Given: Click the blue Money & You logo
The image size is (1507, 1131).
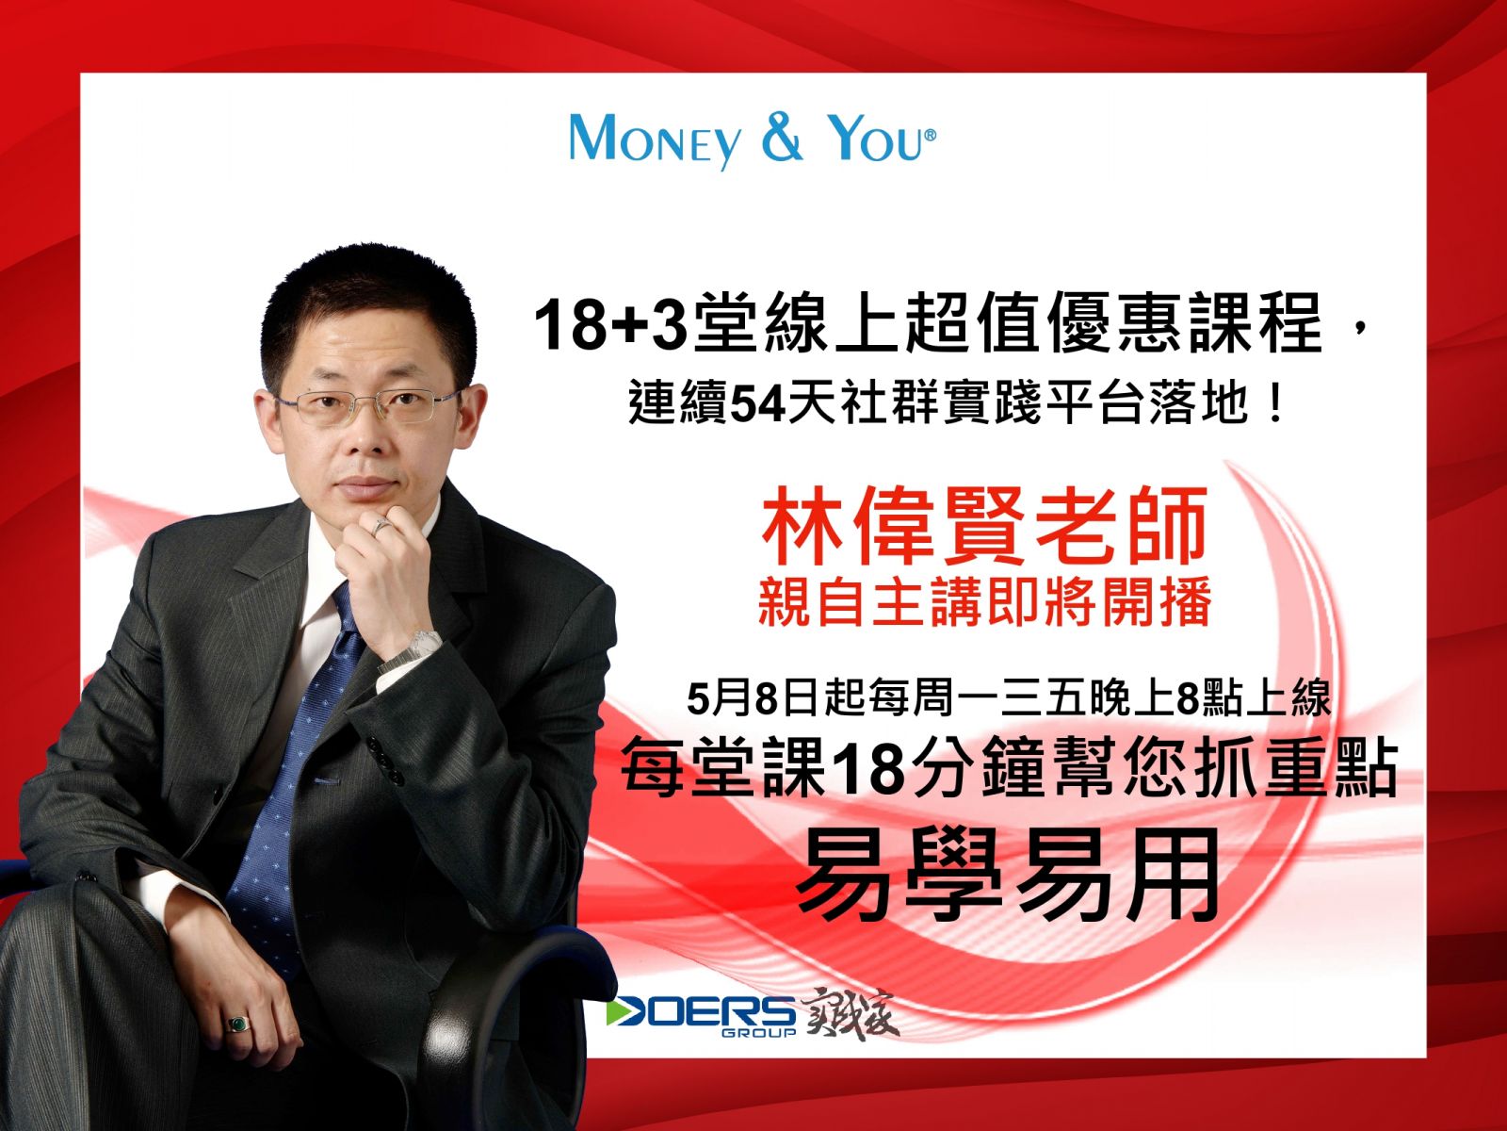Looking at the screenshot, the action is [x=753, y=139].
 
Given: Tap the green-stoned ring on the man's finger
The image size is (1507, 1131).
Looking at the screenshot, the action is [x=238, y=1024].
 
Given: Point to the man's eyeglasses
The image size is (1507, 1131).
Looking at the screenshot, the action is [x=368, y=406].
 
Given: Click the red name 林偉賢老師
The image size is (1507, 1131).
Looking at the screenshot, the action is [x=985, y=525].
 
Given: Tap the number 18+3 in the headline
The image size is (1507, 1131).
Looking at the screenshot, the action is [x=610, y=325].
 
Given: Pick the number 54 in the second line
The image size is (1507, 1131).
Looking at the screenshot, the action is [x=756, y=404].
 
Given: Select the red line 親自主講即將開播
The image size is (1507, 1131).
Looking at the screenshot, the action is [x=984, y=602].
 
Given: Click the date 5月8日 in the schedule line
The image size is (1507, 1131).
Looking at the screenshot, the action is [x=752, y=699].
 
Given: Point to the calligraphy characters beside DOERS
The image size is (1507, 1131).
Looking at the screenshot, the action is [x=850, y=1013].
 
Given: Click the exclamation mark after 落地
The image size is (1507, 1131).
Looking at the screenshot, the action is [x=1276, y=404].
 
